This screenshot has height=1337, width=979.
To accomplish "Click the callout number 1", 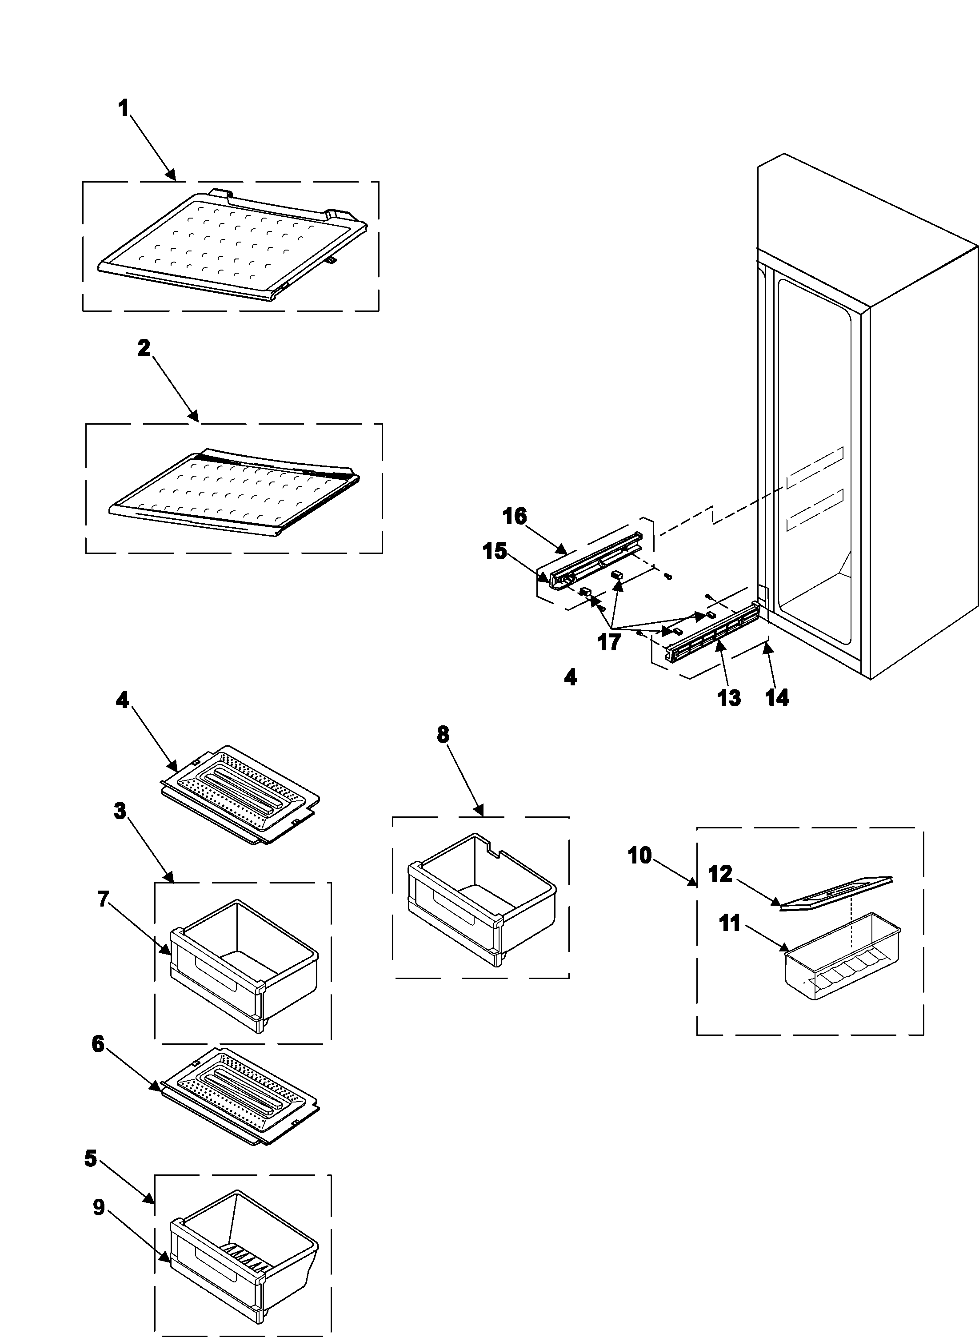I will click(124, 109).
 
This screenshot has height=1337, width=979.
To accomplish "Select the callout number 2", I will click(144, 348).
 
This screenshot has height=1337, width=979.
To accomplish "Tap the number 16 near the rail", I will click(515, 517).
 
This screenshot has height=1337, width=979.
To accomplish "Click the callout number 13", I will click(729, 698).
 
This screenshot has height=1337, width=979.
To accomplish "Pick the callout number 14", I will click(777, 697).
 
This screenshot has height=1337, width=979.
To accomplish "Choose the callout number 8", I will click(443, 735).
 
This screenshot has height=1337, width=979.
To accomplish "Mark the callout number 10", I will click(639, 856).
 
